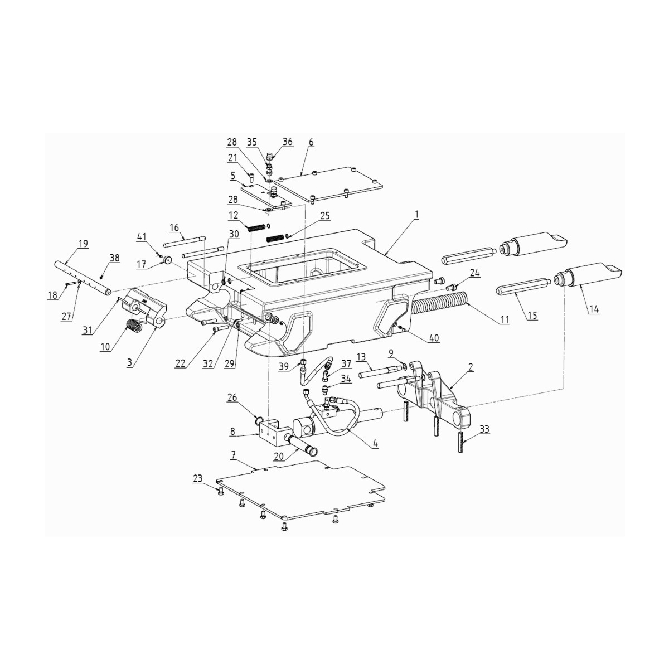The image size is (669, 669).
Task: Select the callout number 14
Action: pyautogui.click(x=595, y=310)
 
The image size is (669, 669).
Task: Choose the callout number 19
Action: pyautogui.click(x=83, y=244)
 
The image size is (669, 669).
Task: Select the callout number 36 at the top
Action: pyautogui.click(x=288, y=142)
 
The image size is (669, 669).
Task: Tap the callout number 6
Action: pyautogui.click(x=311, y=142)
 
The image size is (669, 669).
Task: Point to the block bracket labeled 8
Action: pyautogui.click(x=274, y=430)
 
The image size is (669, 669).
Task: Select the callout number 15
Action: pyautogui.click(x=532, y=316)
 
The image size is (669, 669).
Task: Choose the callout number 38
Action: pyautogui.click(x=114, y=258)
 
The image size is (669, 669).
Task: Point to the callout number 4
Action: pyautogui.click(x=376, y=444)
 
